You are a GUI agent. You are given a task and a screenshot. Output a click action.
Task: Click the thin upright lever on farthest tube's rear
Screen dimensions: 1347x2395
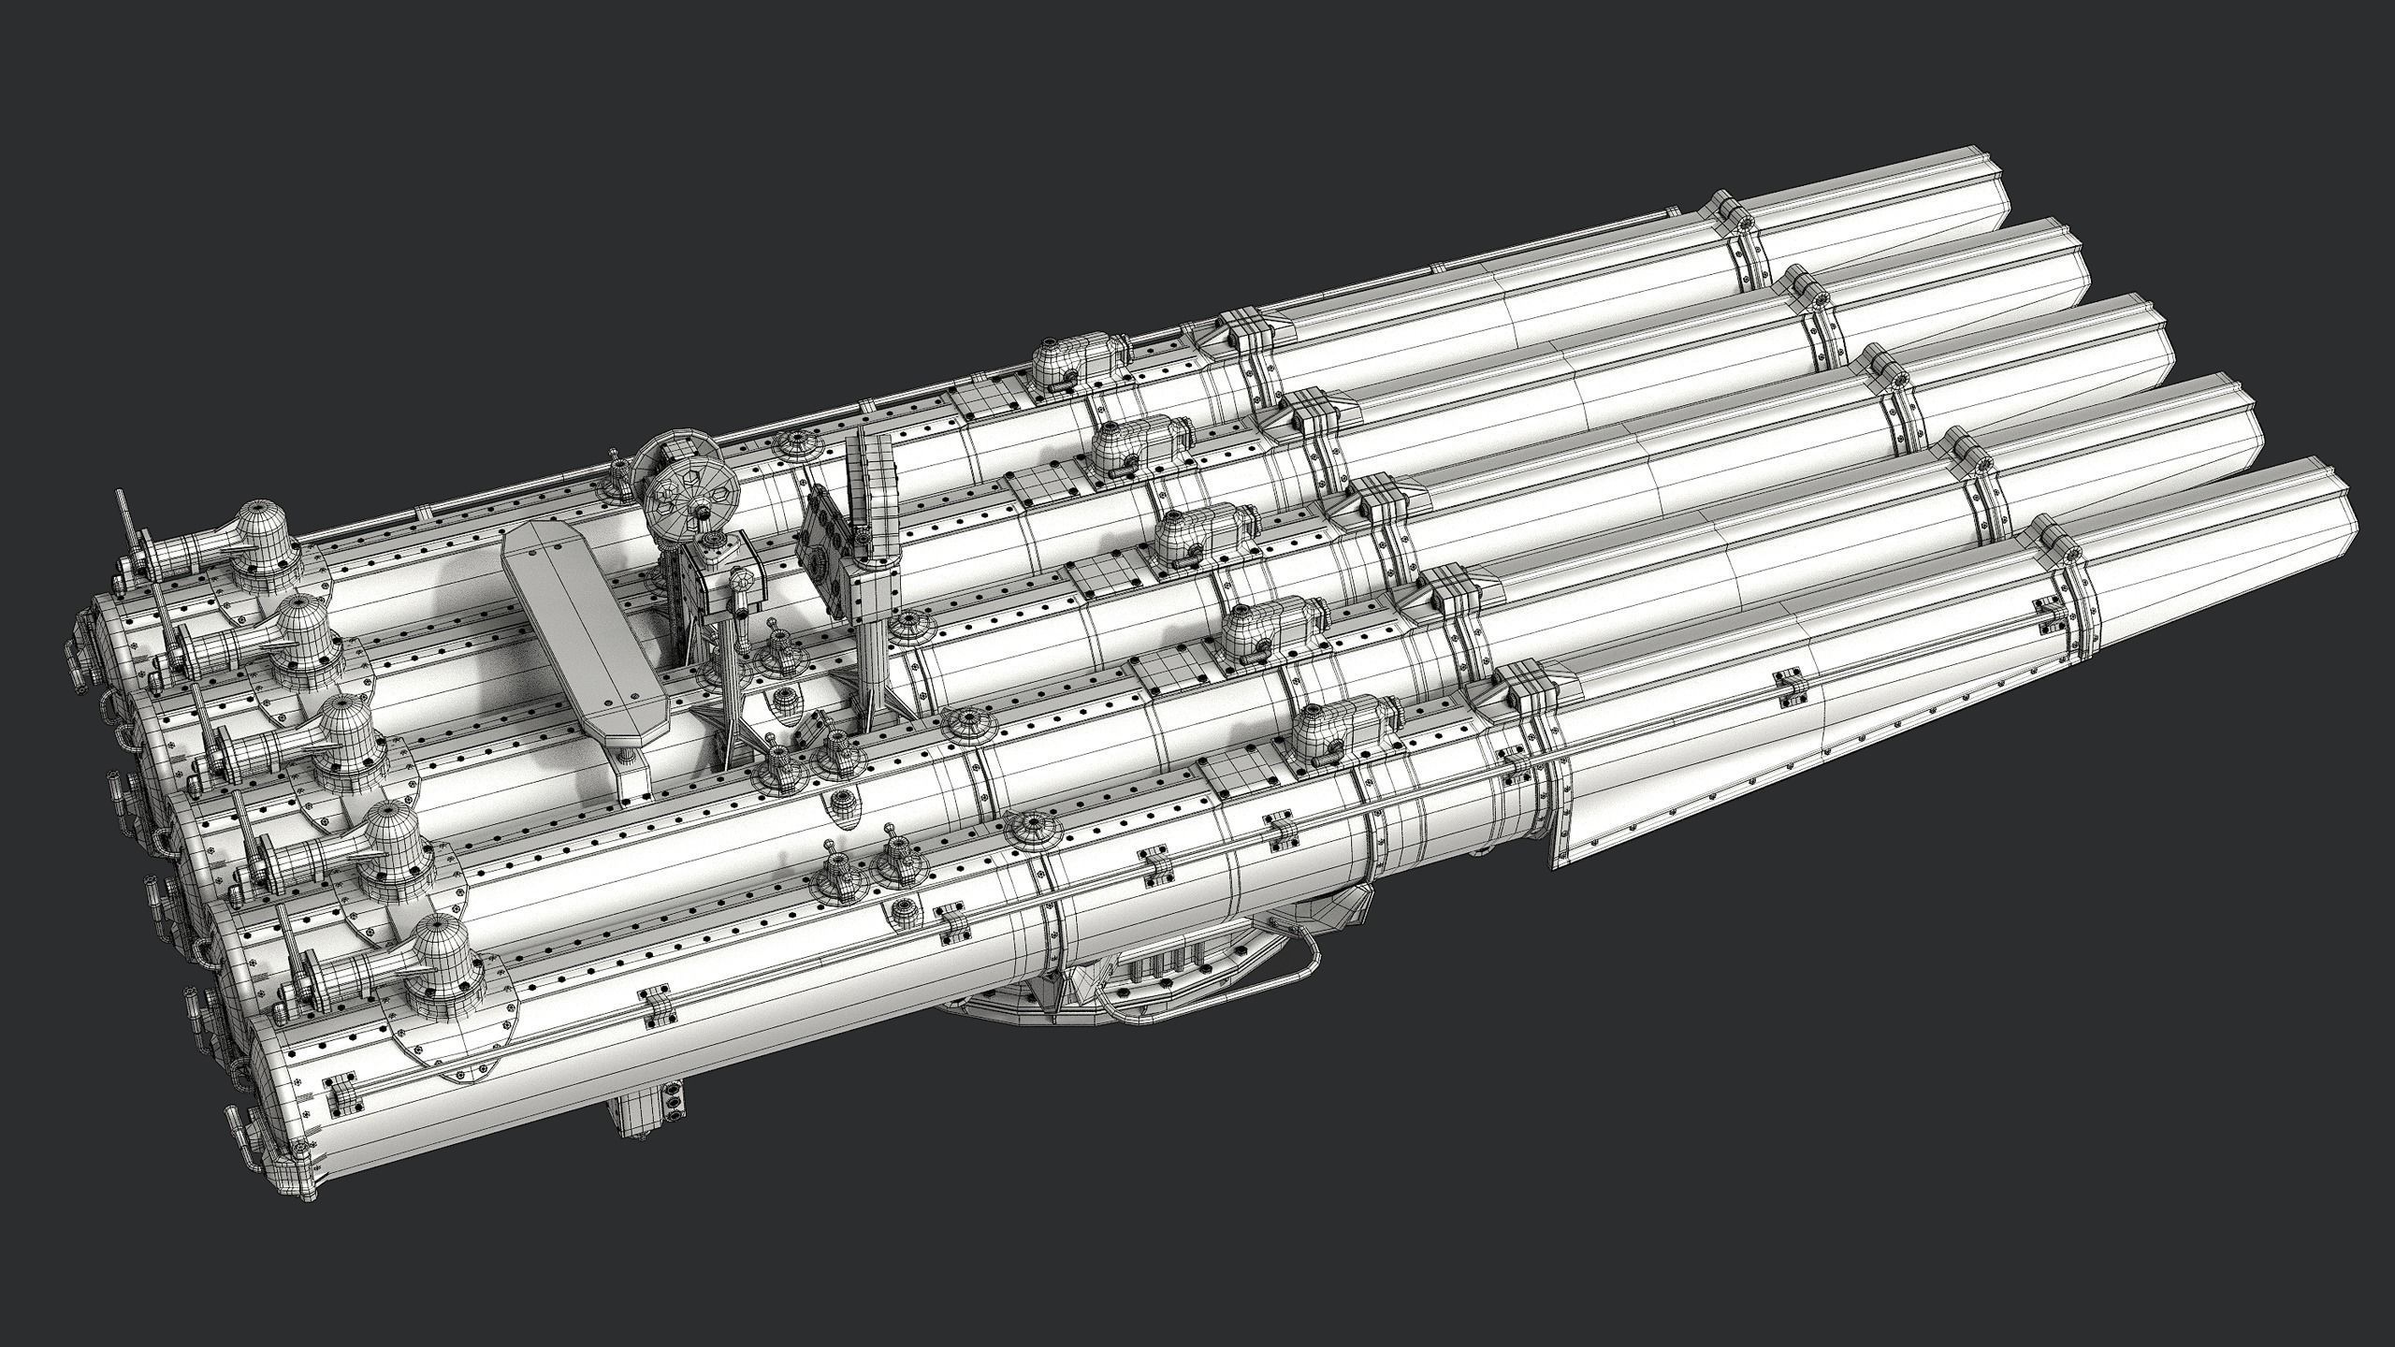tap(127, 524)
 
